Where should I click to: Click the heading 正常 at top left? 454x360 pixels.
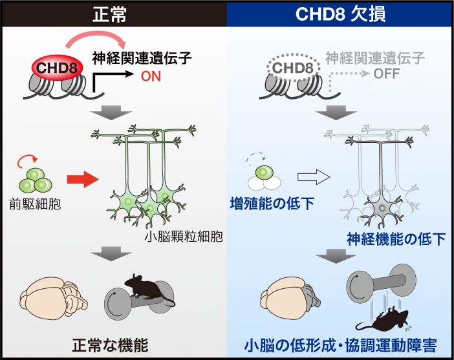[x=113, y=13]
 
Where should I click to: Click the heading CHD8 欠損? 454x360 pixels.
[x=340, y=13]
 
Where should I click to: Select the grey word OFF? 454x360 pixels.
[x=387, y=74]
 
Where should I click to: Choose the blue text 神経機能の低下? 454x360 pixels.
[x=396, y=239]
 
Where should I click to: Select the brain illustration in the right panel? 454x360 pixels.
[x=290, y=295]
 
